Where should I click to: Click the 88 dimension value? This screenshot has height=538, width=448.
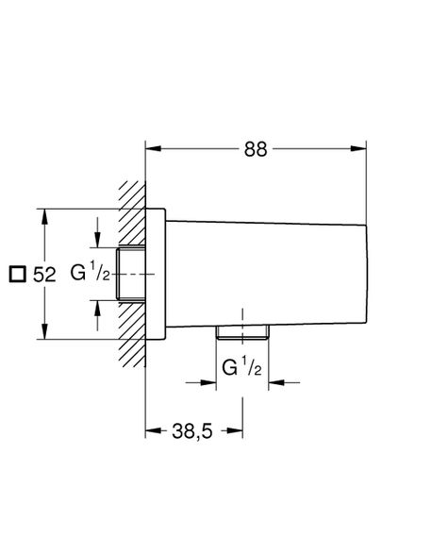coord(256,149)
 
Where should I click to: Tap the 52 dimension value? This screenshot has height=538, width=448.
coord(44,275)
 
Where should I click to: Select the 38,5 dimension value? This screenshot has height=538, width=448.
coord(192,431)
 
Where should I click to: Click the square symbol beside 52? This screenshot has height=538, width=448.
coord(17,274)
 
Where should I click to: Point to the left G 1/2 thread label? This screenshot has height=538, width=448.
coord(91,271)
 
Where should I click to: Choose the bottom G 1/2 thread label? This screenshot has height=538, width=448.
coord(241,366)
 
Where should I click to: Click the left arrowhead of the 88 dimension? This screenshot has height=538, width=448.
coord(153,148)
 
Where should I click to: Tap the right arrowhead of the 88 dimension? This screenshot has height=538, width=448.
coord(358,148)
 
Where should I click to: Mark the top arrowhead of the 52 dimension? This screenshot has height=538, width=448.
coord(44,216)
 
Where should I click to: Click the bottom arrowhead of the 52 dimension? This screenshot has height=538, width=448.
coord(44,331)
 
